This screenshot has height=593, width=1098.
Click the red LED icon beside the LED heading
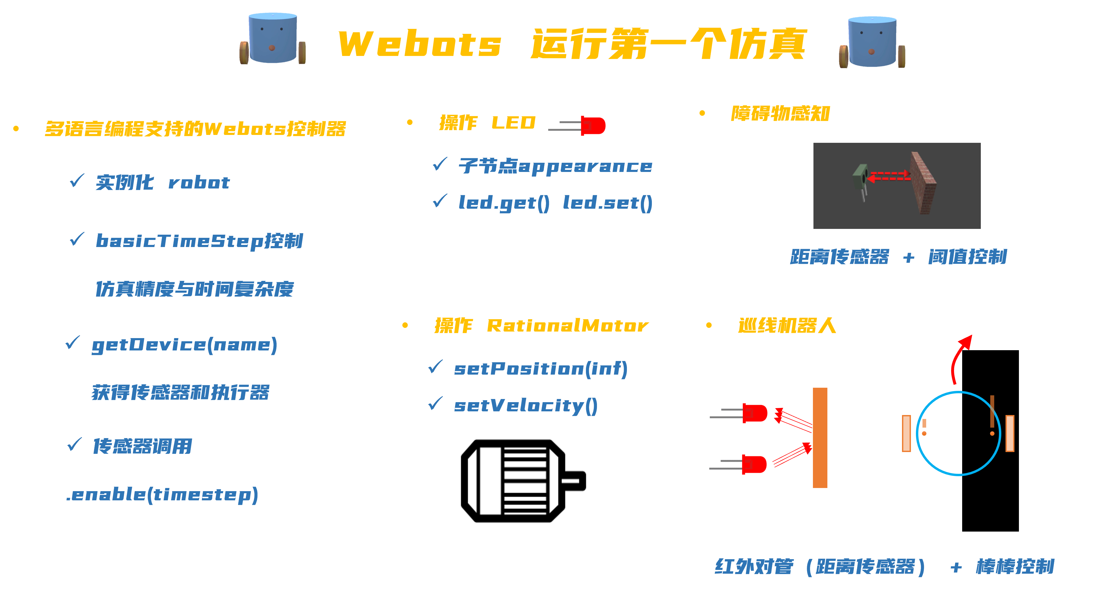click(578, 126)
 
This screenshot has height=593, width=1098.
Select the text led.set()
click(607, 203)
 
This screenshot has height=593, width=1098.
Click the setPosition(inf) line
click(540, 369)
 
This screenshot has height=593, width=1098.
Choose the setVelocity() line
click(525, 406)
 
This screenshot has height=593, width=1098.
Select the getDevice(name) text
click(184, 345)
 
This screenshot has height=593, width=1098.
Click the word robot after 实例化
click(199, 183)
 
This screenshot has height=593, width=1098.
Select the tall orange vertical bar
click(820, 438)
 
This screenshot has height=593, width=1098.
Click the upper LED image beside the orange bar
click(740, 413)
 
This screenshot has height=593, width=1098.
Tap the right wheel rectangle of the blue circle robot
click(1010, 433)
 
